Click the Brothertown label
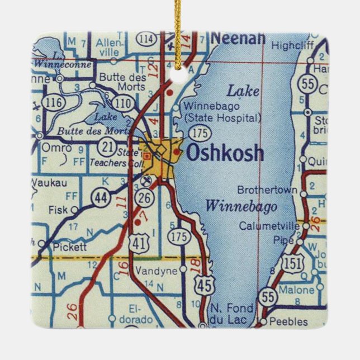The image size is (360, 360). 267,190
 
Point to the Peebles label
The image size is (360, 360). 288,321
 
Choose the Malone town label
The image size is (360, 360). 296,290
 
